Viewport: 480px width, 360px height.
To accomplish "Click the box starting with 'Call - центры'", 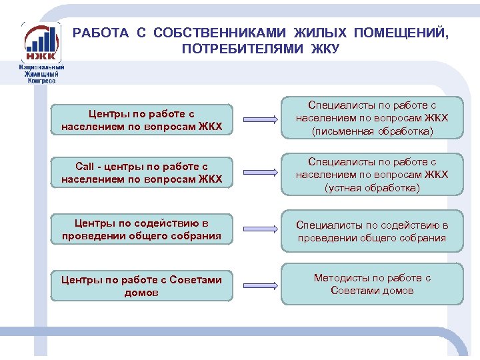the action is [x=142, y=173].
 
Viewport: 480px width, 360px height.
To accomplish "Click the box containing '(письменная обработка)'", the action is [x=372, y=118].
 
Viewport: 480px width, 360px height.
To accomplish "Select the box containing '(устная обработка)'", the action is [x=372, y=175].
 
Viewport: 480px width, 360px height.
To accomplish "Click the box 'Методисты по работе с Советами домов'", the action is [x=372, y=285].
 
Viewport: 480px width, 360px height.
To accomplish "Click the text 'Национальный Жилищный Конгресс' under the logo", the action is [x=41, y=74].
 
